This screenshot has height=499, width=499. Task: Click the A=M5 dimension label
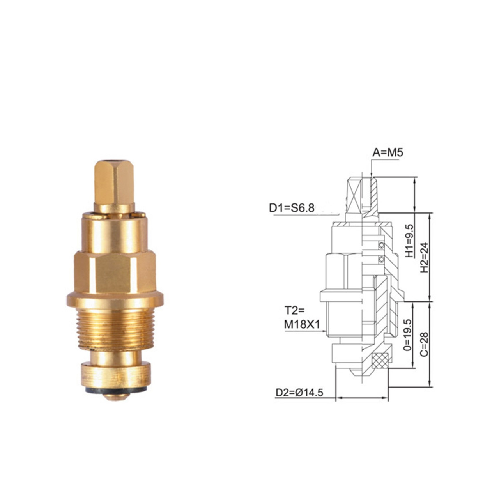(x=388, y=153)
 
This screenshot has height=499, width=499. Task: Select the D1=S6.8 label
(x=292, y=208)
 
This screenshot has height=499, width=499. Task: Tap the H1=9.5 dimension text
(x=409, y=241)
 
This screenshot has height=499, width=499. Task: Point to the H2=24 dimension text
(x=425, y=257)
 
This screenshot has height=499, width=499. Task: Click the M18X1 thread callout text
(x=303, y=325)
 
